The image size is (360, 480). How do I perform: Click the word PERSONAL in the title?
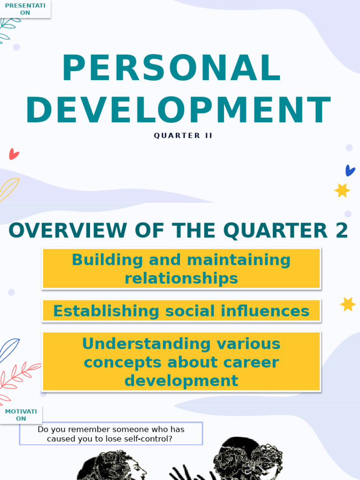[172, 69]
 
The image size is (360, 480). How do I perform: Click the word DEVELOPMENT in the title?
[178, 111]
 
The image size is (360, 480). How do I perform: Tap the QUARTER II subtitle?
[183, 135]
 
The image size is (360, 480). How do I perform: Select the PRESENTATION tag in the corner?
[25, 9]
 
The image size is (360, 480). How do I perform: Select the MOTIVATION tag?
[21, 415]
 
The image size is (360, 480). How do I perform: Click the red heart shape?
[14, 154]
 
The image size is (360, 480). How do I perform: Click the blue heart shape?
[350, 170]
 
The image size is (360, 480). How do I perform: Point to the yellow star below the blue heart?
[342, 190]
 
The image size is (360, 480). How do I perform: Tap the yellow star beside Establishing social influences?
[348, 304]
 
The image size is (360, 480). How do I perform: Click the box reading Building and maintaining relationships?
[181, 269]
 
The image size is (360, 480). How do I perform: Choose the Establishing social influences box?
[181, 311]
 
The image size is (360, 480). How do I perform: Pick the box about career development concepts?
[181, 362]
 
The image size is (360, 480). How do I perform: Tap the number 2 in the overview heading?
[341, 231]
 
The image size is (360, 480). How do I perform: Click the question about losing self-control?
[111, 434]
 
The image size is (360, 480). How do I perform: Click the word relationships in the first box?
[181, 278]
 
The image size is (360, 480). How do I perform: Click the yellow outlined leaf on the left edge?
[8, 189]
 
